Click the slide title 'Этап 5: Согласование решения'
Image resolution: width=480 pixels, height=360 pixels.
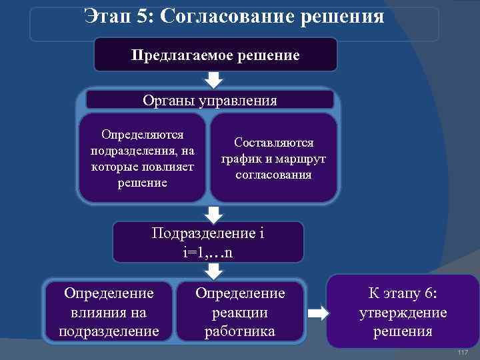235,15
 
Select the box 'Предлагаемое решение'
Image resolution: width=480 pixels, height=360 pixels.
215,55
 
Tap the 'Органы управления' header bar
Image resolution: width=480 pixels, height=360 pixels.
210,101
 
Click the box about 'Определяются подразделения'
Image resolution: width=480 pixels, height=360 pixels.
142,158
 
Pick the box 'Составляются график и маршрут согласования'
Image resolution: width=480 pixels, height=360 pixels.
273,159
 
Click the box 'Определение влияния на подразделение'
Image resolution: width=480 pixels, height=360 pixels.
109,311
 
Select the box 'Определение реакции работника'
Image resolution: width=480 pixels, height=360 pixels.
240,311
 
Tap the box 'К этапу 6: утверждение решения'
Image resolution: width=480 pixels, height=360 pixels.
403,311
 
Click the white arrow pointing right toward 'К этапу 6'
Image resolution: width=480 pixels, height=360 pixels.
320,313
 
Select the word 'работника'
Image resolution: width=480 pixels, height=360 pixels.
240,331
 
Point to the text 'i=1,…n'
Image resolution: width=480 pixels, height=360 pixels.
208,252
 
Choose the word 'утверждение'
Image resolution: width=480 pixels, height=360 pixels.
403,312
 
